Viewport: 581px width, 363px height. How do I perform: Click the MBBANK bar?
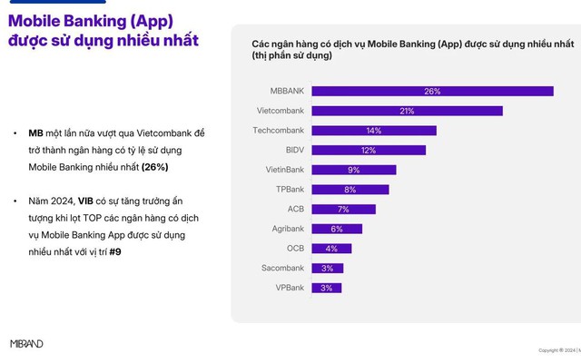pyautogui.click(x=432, y=91)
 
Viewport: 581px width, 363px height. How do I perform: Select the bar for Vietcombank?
pyautogui.click(x=407, y=111)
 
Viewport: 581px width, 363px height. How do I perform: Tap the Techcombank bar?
pyautogui.click(x=373, y=131)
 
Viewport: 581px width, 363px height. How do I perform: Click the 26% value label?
pyautogui.click(x=432, y=91)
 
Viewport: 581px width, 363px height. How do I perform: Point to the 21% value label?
pyautogui.click(x=407, y=111)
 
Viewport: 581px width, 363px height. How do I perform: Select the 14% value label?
pyautogui.click(x=373, y=131)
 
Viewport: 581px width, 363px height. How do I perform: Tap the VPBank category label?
pyautogui.click(x=290, y=288)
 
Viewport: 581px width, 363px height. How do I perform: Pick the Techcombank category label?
pyautogui.click(x=279, y=131)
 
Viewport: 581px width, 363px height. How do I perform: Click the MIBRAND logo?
pyautogui.click(x=26, y=344)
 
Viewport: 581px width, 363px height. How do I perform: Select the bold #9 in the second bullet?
pyautogui.click(x=115, y=251)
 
